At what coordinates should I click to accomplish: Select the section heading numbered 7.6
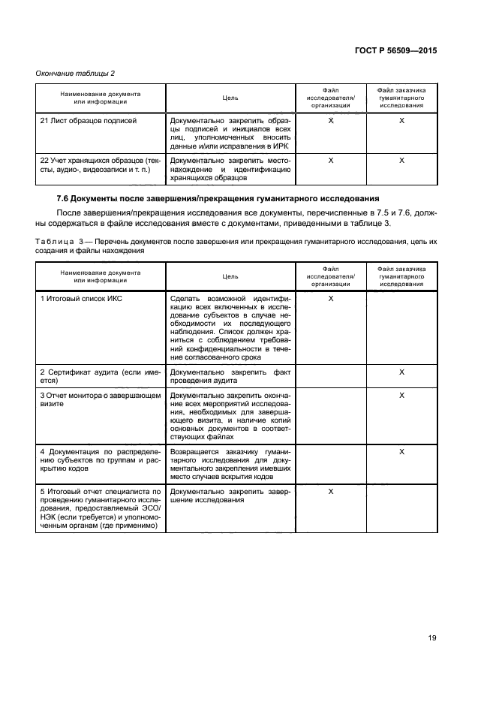217,198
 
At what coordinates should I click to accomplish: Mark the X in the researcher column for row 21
331,120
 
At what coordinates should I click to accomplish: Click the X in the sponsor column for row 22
401,160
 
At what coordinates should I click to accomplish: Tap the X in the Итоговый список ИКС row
331,299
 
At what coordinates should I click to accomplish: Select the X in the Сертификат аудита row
401,372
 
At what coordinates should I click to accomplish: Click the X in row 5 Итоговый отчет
331,491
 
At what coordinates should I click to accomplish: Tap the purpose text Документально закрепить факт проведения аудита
230,376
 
